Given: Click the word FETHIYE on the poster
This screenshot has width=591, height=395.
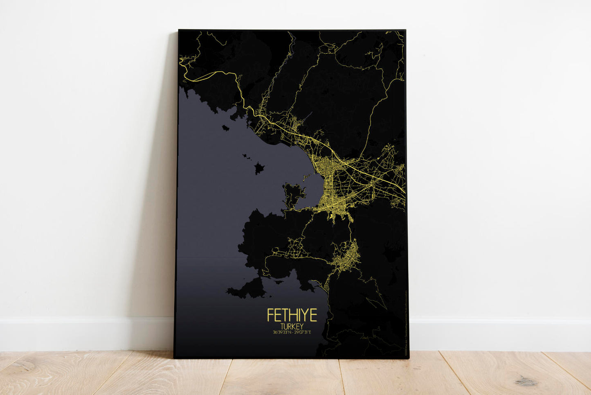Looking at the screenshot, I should click(292, 315).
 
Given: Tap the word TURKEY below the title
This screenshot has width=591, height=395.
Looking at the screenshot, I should click(292, 326).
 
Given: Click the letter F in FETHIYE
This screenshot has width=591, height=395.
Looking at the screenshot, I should click(270, 315).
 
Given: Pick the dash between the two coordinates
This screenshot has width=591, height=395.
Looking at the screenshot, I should click(291, 332).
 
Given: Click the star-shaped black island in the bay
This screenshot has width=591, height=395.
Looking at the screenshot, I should click(259, 167).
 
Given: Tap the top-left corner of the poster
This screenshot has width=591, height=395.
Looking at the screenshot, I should click(179, 30).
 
